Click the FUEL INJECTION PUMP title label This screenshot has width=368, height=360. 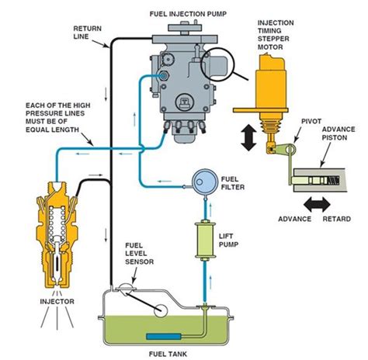click(x=188, y=14)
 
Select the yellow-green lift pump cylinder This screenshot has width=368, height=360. click(x=205, y=241)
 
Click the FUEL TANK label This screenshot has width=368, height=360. click(x=168, y=354)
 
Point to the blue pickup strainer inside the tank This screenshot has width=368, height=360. click(x=164, y=337)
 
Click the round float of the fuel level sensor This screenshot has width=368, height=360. click(x=161, y=310)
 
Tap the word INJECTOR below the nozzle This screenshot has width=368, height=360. click(x=57, y=301)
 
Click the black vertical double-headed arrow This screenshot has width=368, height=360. click(x=248, y=137)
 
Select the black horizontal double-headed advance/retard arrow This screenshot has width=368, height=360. click(x=317, y=205)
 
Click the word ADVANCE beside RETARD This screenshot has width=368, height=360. click(x=294, y=219)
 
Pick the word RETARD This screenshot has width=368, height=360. click(x=337, y=219)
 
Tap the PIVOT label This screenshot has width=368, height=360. click(x=311, y=121)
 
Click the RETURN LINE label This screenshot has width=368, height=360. click(x=87, y=33)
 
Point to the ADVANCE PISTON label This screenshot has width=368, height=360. click(x=338, y=133)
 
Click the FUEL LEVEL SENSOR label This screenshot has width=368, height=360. click(x=139, y=254)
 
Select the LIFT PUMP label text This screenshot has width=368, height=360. click(x=228, y=240)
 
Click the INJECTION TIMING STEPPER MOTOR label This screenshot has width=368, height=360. click(x=276, y=35)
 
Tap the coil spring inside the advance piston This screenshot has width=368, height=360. click(x=333, y=180)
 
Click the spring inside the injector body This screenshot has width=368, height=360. click(x=57, y=222)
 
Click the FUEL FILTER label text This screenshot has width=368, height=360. click(x=232, y=183)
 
